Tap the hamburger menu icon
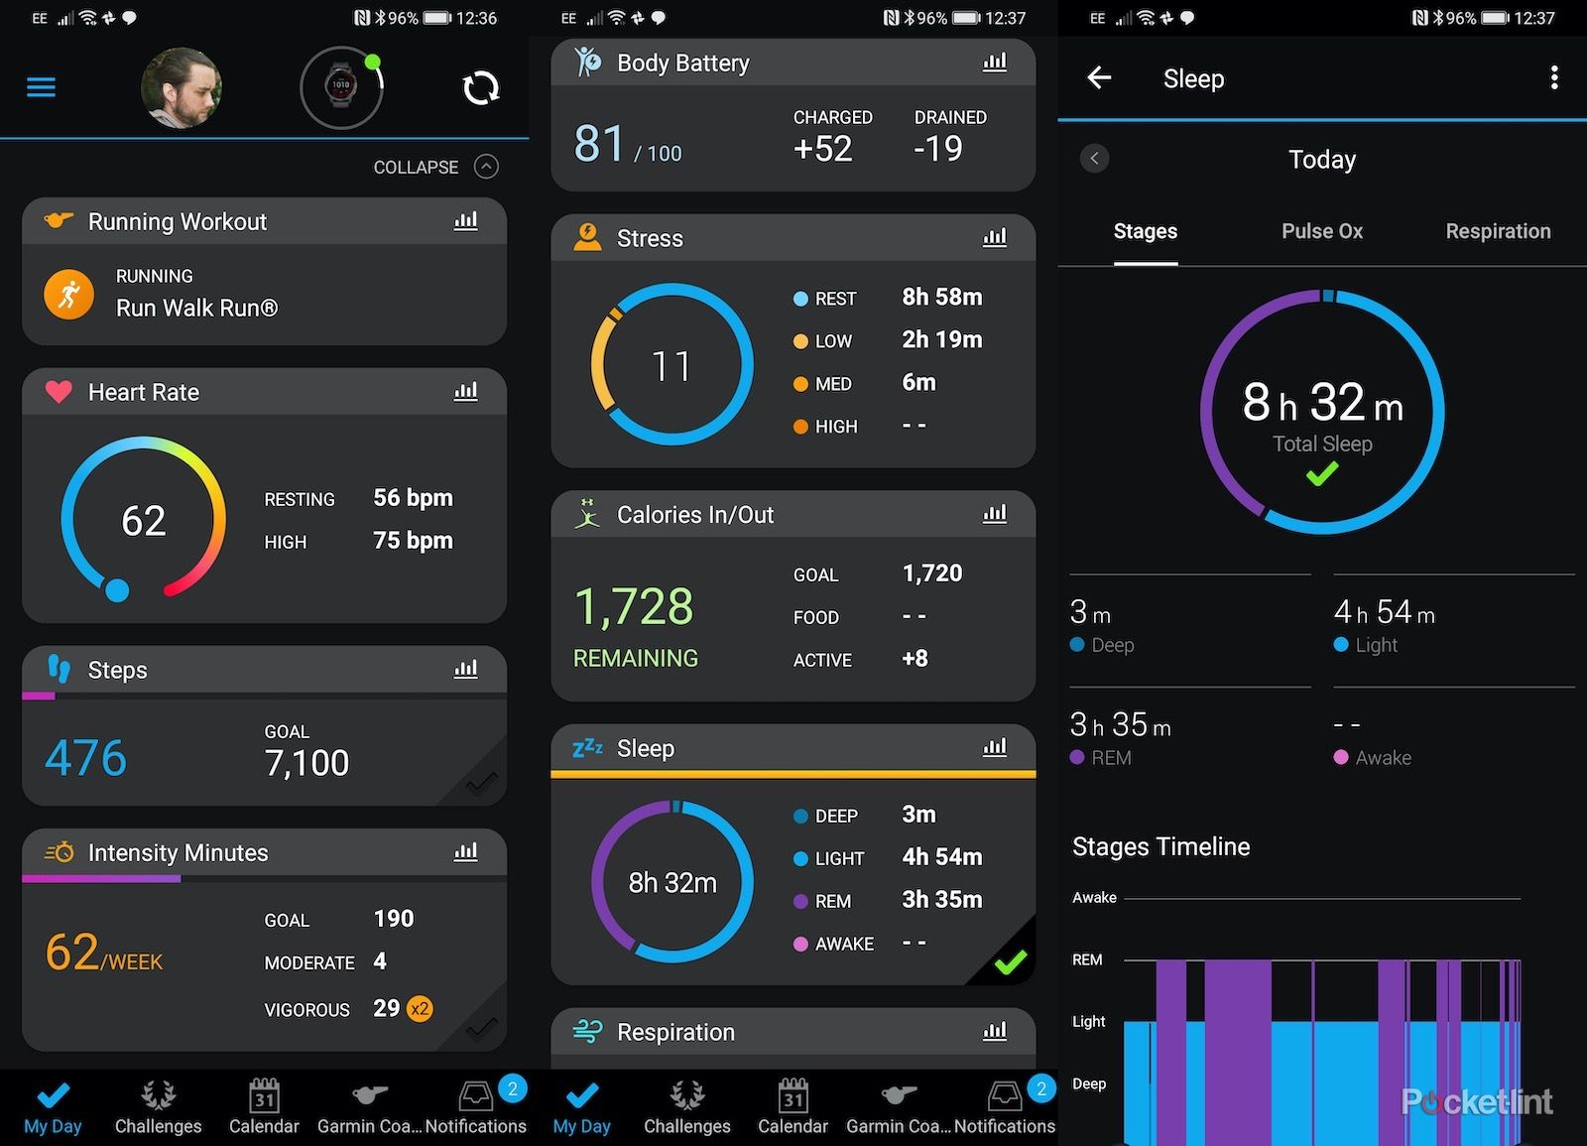(x=41, y=87)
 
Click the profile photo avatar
(x=181, y=87)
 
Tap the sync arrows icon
(x=481, y=88)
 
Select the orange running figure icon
(x=69, y=294)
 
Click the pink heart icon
(x=59, y=392)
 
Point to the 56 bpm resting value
(x=413, y=498)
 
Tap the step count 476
(x=86, y=758)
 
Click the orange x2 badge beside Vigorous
(x=420, y=1009)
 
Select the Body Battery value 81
(x=600, y=144)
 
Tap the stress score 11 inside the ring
(x=671, y=366)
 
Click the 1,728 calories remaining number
(x=634, y=606)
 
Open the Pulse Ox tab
(x=1321, y=231)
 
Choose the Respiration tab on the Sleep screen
(x=1498, y=231)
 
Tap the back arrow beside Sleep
(x=1099, y=77)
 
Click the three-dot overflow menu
(x=1554, y=77)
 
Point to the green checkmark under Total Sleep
(x=1322, y=474)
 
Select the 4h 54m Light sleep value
(x=1384, y=612)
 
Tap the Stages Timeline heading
(x=1160, y=846)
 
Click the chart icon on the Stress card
(x=995, y=237)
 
